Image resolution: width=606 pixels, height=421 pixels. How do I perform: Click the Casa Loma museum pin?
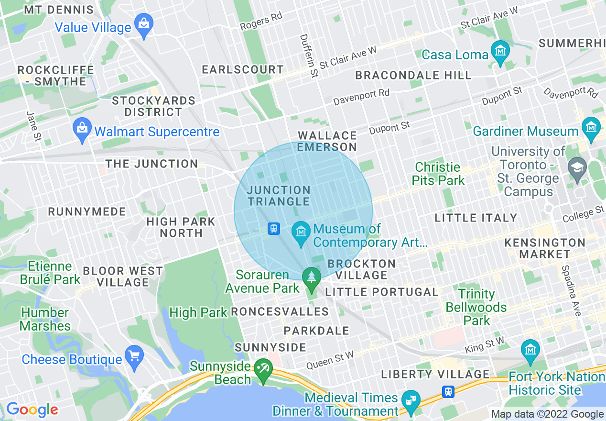click(x=500, y=50)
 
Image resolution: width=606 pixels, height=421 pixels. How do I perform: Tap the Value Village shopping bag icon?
click(x=143, y=22)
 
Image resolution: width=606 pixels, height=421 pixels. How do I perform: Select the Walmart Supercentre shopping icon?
click(x=83, y=128)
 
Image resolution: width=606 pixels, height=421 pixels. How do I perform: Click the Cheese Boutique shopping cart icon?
click(x=134, y=355)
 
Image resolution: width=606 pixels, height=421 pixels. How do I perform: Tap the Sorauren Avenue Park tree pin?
click(x=312, y=277)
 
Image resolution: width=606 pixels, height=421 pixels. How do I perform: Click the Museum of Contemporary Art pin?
click(x=301, y=232)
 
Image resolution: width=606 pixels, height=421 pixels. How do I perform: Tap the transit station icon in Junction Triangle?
click(x=273, y=229)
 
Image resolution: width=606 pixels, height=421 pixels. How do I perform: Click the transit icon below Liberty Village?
click(x=448, y=391)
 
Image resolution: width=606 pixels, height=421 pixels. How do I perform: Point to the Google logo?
click(x=32, y=410)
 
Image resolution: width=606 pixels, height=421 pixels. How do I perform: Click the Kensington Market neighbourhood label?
click(x=545, y=248)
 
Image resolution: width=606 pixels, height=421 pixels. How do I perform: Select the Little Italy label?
click(x=476, y=218)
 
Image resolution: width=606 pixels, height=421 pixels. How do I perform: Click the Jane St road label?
click(x=32, y=126)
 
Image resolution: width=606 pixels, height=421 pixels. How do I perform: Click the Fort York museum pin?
click(x=530, y=350)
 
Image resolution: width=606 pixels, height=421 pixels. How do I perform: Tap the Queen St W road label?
click(x=330, y=360)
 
